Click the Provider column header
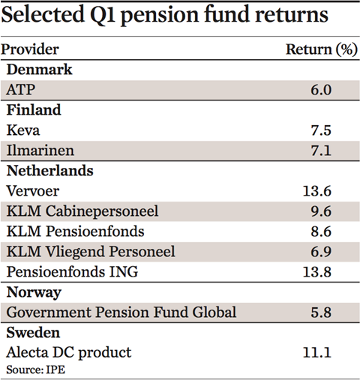[30, 49]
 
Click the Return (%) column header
[322, 49]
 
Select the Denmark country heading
[39, 70]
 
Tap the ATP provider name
[21, 90]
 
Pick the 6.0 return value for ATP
[321, 90]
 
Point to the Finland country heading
[34, 110]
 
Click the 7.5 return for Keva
[321, 130]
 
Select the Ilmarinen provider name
[40, 151]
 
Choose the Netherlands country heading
[50, 171]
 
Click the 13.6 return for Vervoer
[317, 191]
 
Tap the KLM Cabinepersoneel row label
[82, 211]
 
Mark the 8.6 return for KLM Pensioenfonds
[321, 232]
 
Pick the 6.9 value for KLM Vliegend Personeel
[321, 252]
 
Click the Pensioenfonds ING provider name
[72, 272]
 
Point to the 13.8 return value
[317, 272]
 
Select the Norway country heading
[34, 292]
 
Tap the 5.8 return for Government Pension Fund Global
[321, 313]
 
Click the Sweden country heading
[33, 333]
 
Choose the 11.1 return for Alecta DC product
[317, 353]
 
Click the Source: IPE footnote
[36, 370]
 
